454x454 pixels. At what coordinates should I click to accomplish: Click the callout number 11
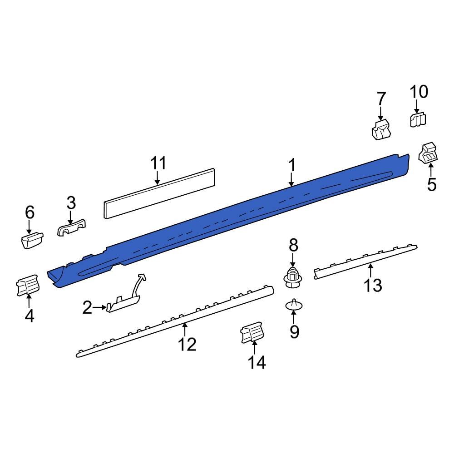click(x=158, y=163)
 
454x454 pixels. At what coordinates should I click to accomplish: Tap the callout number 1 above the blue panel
click(x=292, y=165)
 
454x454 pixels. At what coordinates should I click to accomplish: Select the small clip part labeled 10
click(x=418, y=120)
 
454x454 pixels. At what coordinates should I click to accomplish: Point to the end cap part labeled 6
click(x=31, y=240)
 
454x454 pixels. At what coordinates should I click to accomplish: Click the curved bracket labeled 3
click(x=72, y=228)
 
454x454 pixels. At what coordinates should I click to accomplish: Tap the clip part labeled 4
click(x=28, y=286)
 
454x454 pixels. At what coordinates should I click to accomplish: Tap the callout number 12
click(x=187, y=344)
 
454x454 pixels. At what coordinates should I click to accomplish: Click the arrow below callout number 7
click(x=380, y=113)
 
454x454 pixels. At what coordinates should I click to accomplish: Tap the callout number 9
click(x=294, y=332)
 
